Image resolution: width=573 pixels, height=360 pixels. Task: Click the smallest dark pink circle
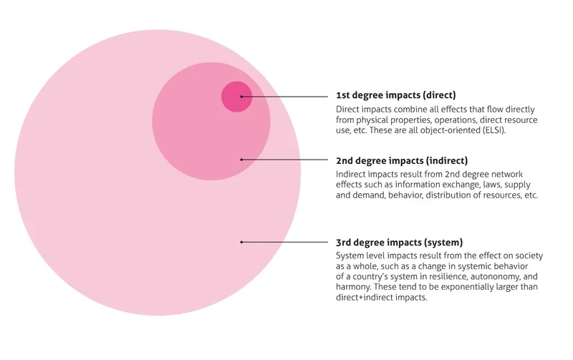pos(237,97)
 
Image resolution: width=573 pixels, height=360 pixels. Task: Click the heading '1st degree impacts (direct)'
pos(396,95)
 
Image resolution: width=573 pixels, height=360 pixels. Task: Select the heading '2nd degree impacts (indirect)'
pos(402,160)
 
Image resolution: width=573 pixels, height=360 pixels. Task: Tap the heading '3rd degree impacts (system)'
pos(399,243)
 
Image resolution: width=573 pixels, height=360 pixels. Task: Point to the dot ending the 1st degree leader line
pos(241,97)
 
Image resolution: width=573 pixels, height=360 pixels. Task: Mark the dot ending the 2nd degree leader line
pos(241,160)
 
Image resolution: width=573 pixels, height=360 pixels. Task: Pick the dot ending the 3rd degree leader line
pos(241,242)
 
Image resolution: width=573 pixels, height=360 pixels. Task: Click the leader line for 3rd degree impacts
pos(284,242)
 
